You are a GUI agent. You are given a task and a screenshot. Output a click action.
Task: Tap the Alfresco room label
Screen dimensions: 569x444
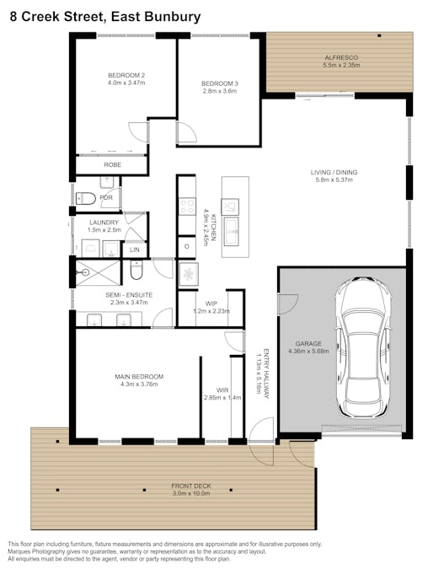coord(341,57)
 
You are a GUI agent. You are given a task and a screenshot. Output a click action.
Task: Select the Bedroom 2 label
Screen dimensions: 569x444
coord(126,74)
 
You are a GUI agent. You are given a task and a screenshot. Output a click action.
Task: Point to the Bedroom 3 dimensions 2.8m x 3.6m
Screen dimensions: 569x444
coord(219,91)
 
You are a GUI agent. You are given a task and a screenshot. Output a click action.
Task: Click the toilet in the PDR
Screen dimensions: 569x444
coord(87,198)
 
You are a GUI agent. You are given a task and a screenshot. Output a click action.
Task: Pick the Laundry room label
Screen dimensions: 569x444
coord(104,222)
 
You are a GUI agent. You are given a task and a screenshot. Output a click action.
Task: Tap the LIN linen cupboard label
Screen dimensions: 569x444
coord(134,250)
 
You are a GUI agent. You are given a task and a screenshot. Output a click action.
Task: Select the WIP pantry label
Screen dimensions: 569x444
coord(211,303)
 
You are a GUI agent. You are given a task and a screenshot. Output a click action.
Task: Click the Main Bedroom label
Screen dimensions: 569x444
coord(139,376)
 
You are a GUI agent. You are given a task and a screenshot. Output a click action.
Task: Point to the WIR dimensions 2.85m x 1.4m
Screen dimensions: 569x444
coord(222,398)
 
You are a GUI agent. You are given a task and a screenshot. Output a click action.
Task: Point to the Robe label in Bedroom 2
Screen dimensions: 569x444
coord(112,165)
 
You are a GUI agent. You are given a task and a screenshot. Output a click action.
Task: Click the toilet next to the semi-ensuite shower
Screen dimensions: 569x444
coord(137,272)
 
